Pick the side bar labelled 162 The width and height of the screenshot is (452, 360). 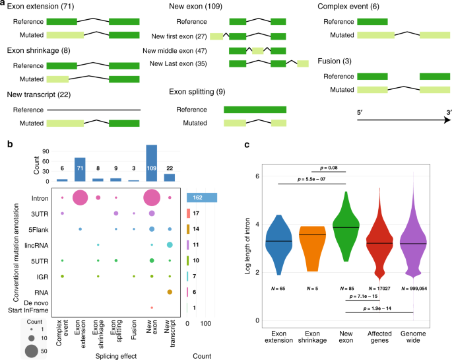pyautogui.click(x=202, y=197)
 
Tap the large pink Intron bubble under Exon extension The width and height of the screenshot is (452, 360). pyautogui.click(x=80, y=197)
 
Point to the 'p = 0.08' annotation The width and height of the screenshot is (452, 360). pyautogui.click(x=331, y=169)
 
